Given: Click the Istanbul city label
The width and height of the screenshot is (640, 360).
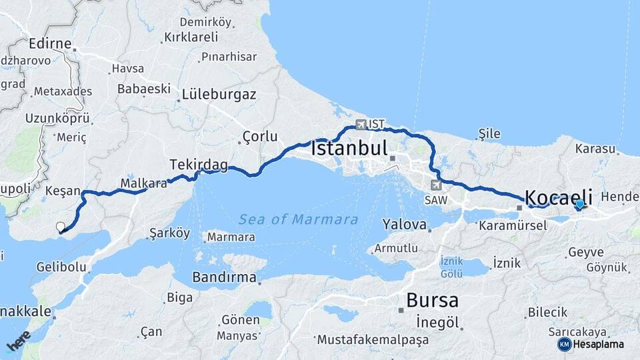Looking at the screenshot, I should coord(349,148).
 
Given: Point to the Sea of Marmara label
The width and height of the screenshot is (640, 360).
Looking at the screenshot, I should coord(298,219).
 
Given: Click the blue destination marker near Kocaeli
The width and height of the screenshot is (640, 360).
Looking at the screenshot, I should coord(579,205).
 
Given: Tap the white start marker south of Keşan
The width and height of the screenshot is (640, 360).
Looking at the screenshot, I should coord(61,227).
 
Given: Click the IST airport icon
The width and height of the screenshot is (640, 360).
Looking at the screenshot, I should coord(361,124).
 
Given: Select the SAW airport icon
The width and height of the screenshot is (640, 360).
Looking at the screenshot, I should coord(437,185).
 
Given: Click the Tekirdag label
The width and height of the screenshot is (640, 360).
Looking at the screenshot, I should coord(199,164).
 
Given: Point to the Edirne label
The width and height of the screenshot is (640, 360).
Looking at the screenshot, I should coord(50,44).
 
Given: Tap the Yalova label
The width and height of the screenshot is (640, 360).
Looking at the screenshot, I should coord(405,225).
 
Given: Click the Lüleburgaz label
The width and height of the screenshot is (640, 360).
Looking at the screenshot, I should coord(219,95).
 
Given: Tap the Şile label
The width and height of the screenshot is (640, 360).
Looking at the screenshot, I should coord(489,134).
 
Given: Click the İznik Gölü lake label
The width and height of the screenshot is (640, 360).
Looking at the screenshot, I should coord(451,266).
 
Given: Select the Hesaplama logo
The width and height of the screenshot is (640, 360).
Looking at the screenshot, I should coord(591,344).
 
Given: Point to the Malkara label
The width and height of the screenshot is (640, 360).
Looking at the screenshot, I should coord(143,183).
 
